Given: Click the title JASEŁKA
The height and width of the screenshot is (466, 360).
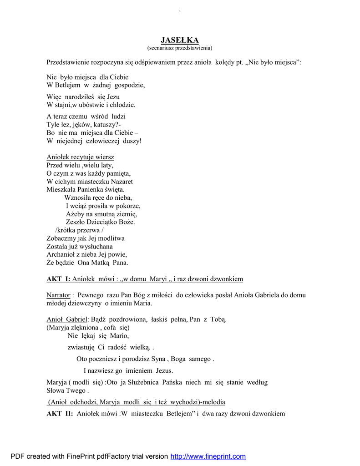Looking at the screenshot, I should coord(180,40).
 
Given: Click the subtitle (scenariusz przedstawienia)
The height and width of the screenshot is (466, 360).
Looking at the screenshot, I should coord(180,47).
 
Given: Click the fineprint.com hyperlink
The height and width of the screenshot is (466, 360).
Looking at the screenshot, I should coord(208,456).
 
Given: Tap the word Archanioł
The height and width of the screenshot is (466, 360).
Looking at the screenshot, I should coord(62,254).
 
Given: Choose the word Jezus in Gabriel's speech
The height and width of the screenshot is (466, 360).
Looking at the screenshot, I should coord(164,370).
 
